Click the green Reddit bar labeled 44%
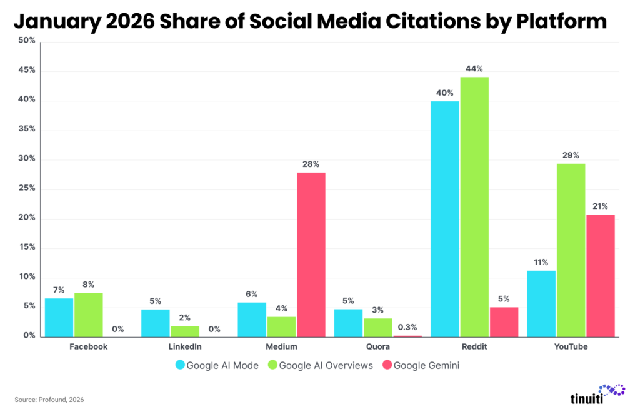[475, 206]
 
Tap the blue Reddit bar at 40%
[445, 218]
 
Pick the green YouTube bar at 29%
[571, 250]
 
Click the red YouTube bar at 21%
[601, 275]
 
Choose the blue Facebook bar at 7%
[59, 317]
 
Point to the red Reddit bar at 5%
[504, 321]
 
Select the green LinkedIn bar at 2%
[185, 331]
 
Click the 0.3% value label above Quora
[407, 326]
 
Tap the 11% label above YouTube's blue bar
[541, 262]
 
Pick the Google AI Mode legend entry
[218, 366]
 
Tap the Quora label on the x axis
[377, 346]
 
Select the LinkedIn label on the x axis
[185, 346]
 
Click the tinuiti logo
[597, 394]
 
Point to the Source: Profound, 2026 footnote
[49, 399]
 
